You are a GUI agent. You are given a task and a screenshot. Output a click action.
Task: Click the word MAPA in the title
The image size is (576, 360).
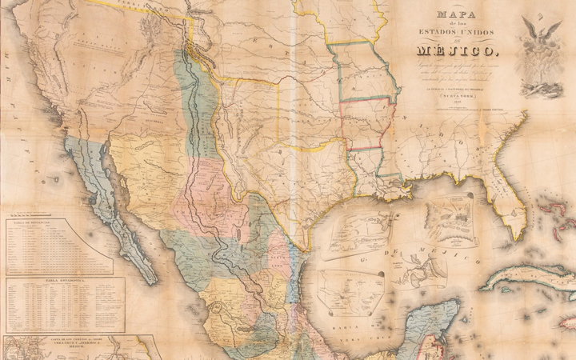click(x=452, y=14)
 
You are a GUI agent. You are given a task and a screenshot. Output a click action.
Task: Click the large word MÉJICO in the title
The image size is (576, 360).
click(x=451, y=52)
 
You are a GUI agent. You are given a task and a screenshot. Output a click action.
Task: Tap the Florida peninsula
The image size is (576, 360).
click(x=512, y=192)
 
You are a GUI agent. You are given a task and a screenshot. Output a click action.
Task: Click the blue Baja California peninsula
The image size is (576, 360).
click(x=120, y=216)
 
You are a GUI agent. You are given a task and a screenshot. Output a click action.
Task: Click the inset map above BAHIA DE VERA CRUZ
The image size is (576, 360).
click(x=349, y=288)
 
